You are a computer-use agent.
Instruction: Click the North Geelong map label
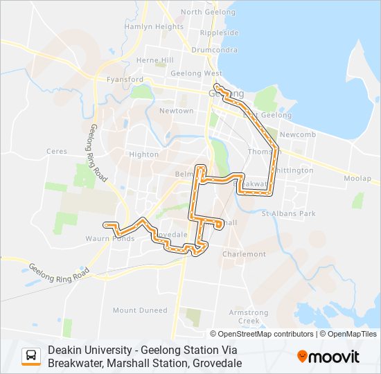click(x=201, y=12)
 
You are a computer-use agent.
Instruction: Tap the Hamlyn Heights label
click(x=154, y=26)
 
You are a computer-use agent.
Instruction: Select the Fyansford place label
click(x=124, y=80)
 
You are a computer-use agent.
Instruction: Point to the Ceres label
click(x=56, y=150)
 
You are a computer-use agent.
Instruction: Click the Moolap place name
click(x=357, y=179)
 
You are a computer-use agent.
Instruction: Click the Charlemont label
click(x=244, y=254)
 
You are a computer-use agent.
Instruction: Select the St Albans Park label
click(x=288, y=213)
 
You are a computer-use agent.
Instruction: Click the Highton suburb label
click(x=144, y=154)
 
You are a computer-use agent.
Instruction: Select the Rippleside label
click(x=219, y=33)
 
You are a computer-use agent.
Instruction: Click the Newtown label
click(x=177, y=111)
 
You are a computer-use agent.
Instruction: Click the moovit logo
click(x=328, y=357)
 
